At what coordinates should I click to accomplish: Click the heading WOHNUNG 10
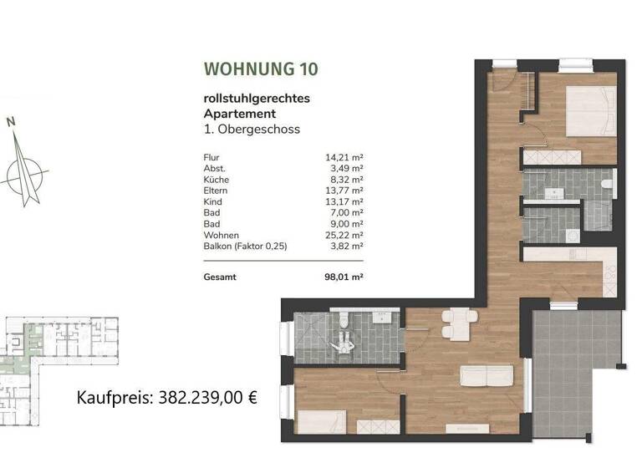(x=260, y=69)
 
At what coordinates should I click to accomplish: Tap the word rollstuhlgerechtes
(x=257, y=98)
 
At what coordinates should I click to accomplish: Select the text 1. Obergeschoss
(x=252, y=130)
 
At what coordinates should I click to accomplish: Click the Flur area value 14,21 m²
(x=344, y=157)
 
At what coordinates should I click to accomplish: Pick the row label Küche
(x=216, y=180)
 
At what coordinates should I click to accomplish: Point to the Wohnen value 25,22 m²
(x=344, y=236)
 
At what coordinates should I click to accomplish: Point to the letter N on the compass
(x=12, y=121)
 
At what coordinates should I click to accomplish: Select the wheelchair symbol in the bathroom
(x=344, y=341)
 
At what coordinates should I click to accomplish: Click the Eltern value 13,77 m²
(x=344, y=191)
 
